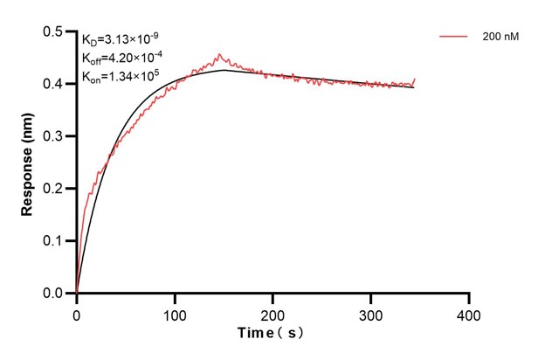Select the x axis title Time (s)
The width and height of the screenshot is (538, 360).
coord(272,334)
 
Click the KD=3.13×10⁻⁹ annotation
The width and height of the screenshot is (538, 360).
coord(121,39)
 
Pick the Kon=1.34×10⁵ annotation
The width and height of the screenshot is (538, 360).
coord(121,76)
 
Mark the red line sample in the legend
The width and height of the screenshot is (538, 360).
coord(454,37)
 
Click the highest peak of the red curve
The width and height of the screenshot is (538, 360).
coord(219,53)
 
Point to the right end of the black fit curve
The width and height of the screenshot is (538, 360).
coord(414,87)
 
